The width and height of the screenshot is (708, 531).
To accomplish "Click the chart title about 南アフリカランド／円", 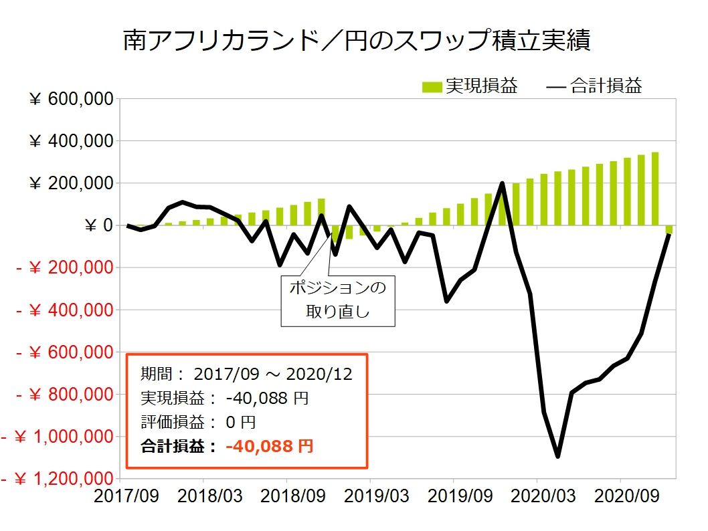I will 356,41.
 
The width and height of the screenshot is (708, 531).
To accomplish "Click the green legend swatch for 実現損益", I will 432,87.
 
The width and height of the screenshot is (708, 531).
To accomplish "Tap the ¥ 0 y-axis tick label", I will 98,225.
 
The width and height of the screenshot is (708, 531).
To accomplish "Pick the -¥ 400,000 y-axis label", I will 64,310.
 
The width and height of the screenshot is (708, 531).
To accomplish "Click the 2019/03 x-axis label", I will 370,498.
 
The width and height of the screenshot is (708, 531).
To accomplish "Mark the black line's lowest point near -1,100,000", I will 557,456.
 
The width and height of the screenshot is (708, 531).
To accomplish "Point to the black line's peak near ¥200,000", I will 502,183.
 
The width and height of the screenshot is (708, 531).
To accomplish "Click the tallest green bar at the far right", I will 655,189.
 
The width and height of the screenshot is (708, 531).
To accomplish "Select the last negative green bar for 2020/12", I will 669,230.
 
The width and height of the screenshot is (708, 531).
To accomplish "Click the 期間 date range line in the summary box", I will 246,374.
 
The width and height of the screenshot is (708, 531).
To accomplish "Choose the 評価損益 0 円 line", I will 198,422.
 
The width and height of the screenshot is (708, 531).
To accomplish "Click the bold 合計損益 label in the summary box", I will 179,446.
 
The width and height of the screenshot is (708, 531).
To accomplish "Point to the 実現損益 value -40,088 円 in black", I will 266,398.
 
